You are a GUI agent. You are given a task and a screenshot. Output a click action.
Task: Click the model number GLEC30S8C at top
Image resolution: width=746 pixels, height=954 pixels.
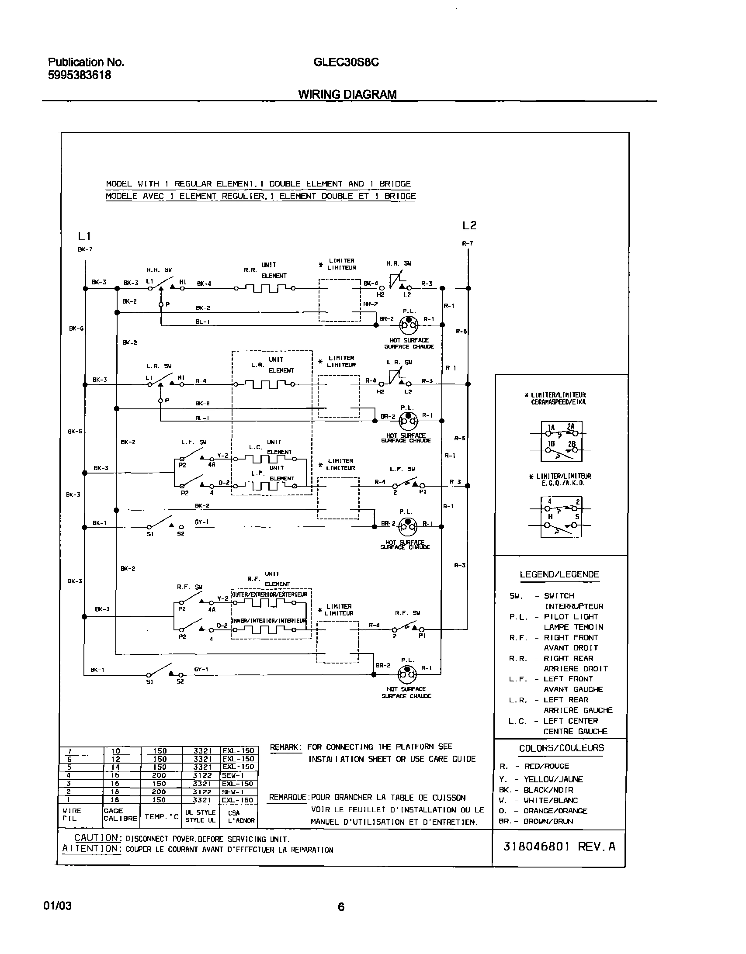coord(346,62)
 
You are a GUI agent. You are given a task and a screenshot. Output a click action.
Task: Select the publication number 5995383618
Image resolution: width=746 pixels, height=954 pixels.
coord(79,75)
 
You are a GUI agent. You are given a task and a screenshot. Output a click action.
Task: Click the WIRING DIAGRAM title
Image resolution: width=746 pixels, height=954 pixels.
coord(347,94)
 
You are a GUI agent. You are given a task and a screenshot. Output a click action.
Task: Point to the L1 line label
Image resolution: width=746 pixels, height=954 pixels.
coord(84,236)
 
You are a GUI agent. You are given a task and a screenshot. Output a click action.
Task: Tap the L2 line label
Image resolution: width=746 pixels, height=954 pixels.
coord(469,225)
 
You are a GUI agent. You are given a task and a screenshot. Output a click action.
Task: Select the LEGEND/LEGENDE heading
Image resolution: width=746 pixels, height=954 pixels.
coord(559,574)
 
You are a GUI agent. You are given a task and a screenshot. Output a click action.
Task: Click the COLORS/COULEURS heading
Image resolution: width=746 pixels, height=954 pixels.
coord(561,748)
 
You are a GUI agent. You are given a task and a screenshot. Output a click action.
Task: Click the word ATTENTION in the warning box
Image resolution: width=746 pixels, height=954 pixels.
coord(90,848)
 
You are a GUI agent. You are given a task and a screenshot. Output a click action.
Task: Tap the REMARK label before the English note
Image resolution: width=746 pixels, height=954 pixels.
coord(286,747)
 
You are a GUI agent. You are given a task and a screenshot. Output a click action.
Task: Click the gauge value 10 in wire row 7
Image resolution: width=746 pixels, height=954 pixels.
coord(116,751)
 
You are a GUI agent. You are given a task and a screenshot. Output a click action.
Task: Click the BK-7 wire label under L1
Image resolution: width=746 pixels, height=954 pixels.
coord(85,249)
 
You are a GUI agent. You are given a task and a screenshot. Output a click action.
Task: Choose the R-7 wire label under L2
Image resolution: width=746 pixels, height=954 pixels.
coord(468,243)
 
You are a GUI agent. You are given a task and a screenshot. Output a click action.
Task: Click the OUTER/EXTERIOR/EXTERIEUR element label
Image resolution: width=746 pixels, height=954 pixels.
coord(270,595)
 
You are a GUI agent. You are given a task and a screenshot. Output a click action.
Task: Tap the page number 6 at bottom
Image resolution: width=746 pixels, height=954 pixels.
coord(341,907)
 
